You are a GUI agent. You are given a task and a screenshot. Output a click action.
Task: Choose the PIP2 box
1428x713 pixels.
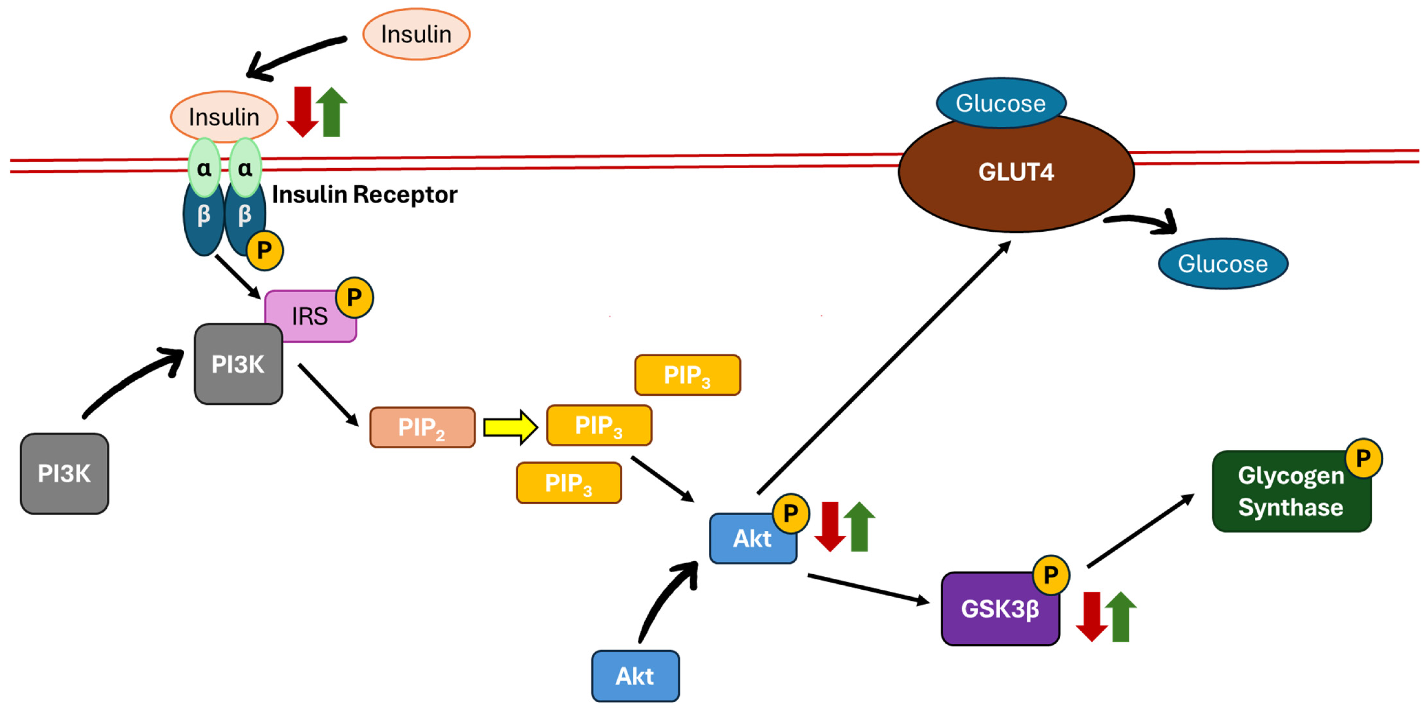pyautogui.click(x=422, y=427)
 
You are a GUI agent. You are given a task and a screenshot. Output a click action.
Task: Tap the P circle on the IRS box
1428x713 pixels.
pyautogui.click(x=354, y=298)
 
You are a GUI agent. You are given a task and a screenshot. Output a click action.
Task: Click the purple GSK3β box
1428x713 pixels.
pyautogui.click(x=1000, y=609)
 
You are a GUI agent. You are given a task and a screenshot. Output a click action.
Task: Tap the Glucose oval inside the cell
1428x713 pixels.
pyautogui.click(x=1222, y=264)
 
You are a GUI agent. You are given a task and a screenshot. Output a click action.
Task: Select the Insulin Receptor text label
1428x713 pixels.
pyautogui.click(x=364, y=195)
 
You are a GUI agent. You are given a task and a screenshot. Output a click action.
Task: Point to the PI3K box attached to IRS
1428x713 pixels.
pyautogui.click(x=238, y=364)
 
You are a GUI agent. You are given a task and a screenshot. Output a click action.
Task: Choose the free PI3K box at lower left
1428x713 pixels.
pyautogui.click(x=64, y=473)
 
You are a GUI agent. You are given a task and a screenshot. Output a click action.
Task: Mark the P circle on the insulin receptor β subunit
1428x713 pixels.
pyautogui.click(x=264, y=251)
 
